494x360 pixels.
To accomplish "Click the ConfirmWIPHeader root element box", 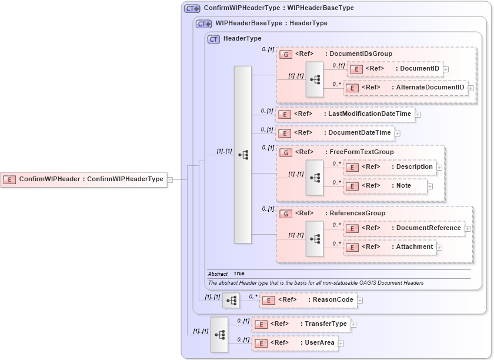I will point(84,179).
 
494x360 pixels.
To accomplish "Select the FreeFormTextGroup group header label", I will point(361,152).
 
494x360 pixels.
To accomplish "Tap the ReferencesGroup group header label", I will point(356,214).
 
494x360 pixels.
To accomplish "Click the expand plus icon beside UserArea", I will point(341,344).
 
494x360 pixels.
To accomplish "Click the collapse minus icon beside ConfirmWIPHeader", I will point(170,180).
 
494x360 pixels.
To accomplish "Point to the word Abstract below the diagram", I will point(218,274).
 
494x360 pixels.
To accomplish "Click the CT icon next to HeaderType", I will point(214,39).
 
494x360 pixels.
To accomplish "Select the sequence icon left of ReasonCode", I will point(231,301).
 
